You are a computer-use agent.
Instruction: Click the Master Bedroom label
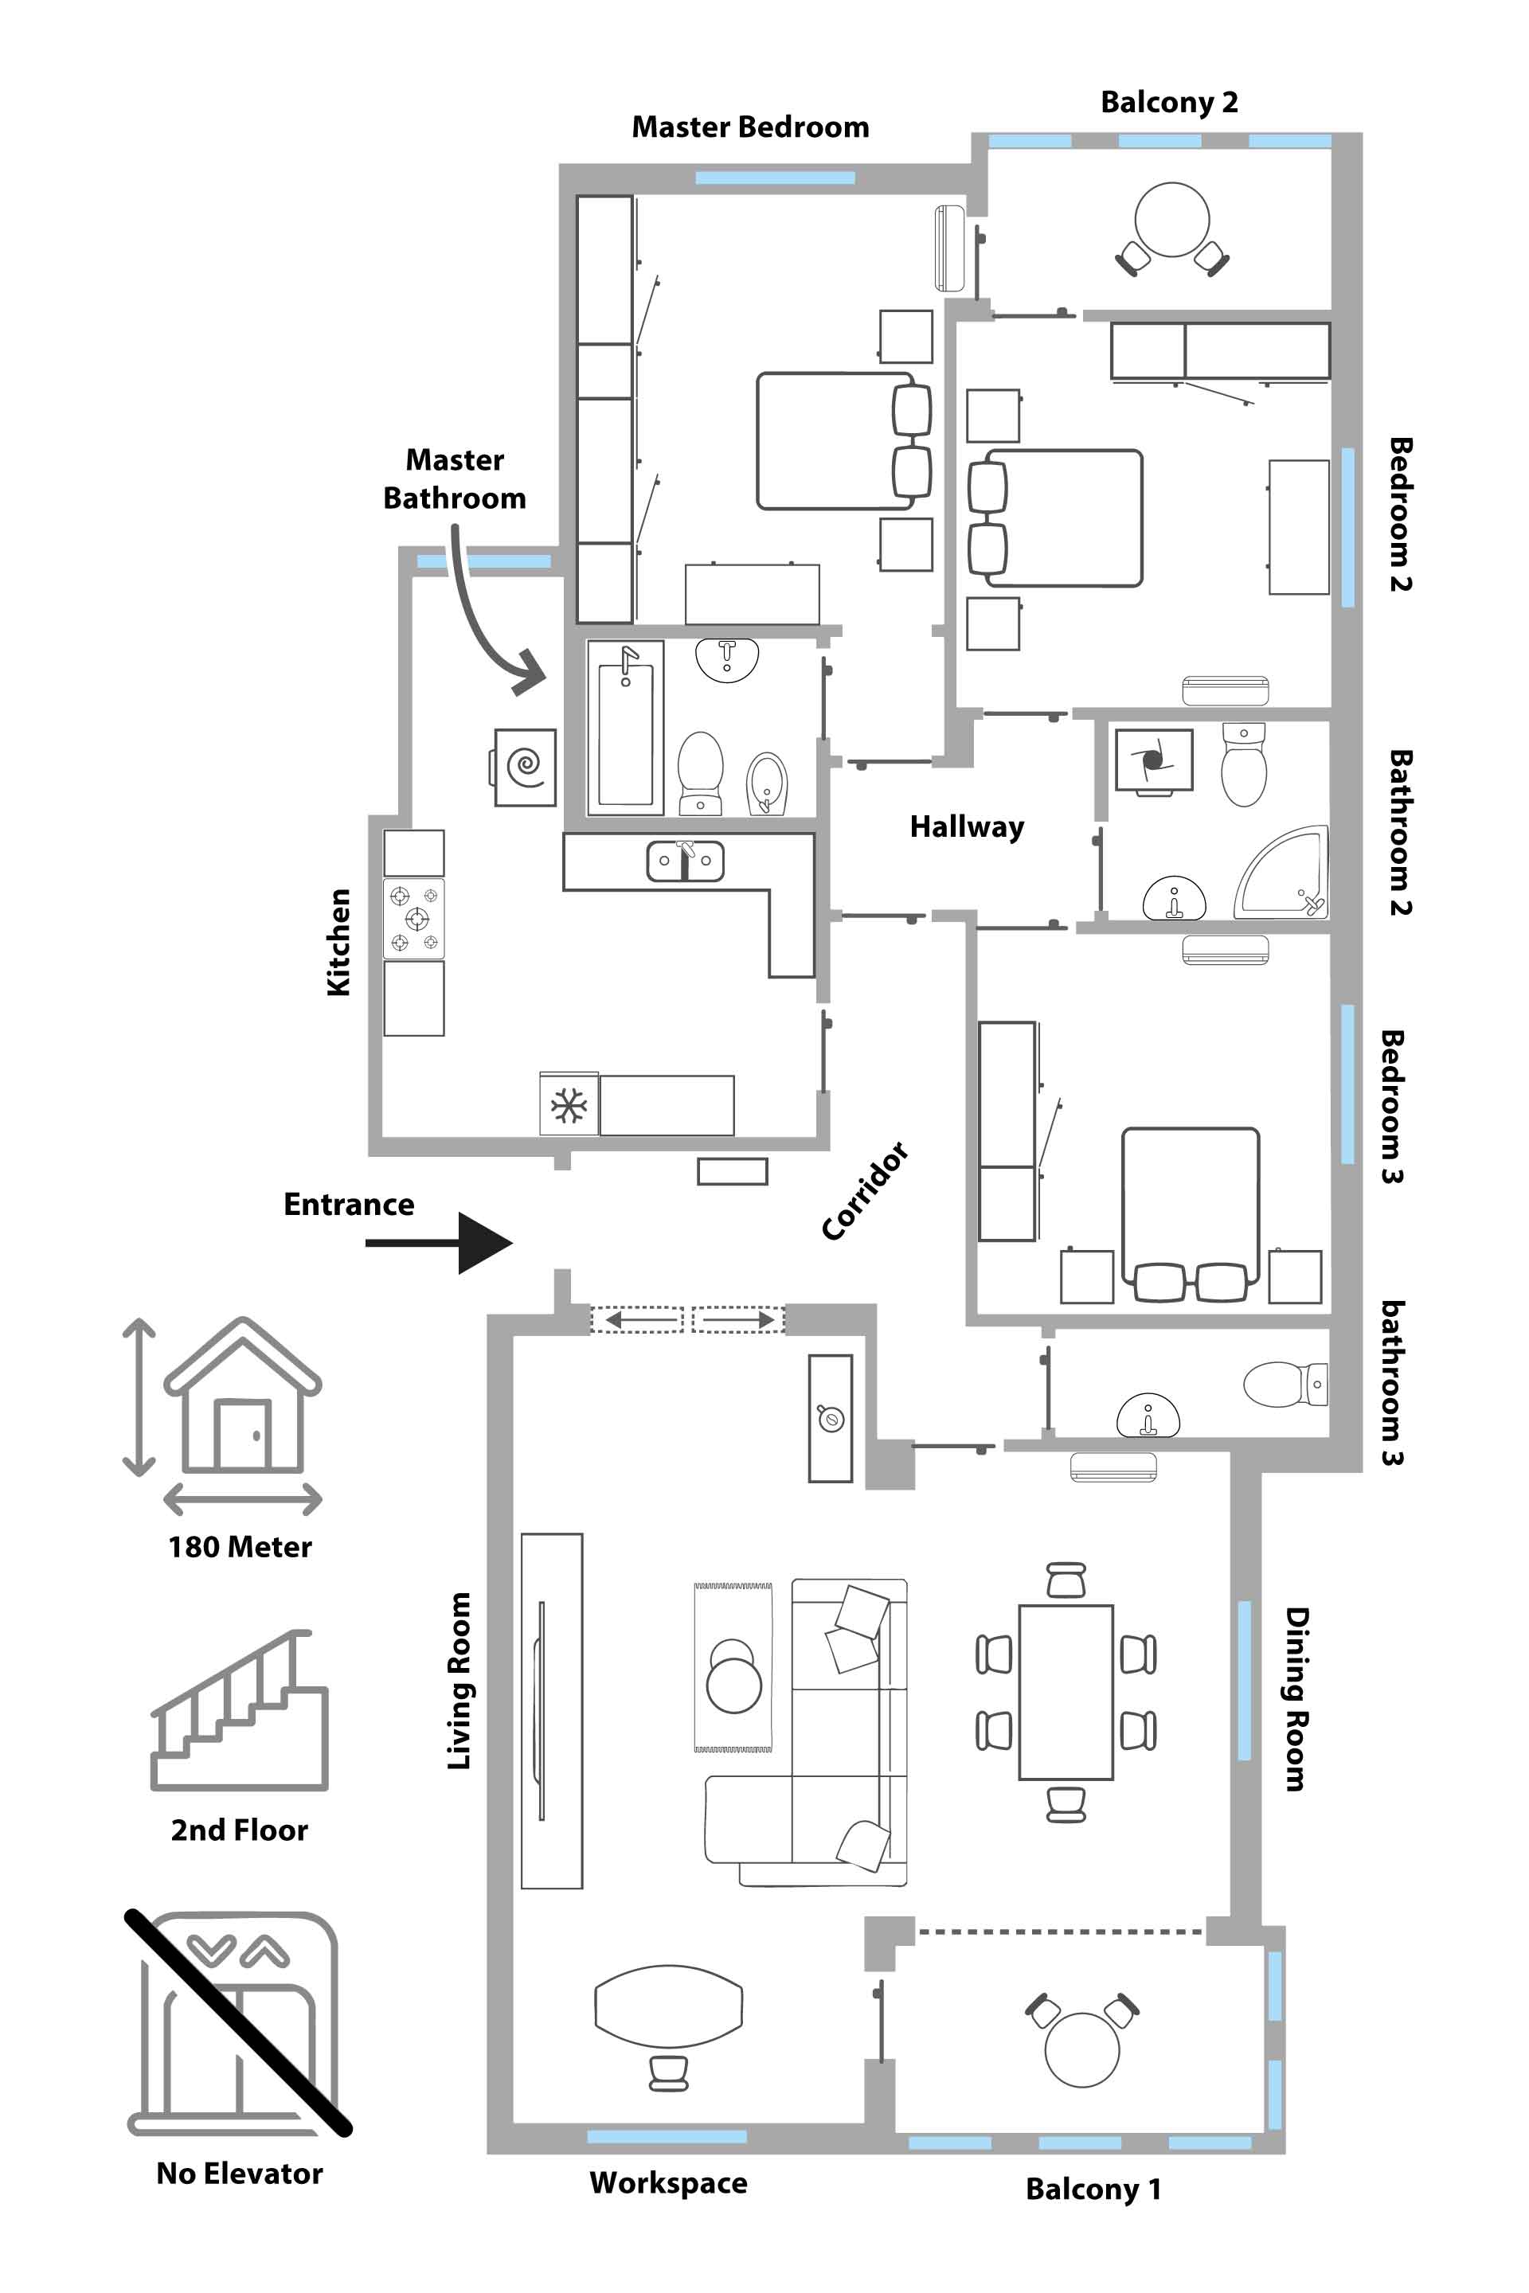[750, 127]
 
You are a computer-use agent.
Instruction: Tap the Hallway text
[966, 826]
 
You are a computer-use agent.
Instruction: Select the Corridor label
[865, 1190]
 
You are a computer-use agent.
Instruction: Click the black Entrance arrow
[440, 1243]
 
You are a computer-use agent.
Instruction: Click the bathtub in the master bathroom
[625, 727]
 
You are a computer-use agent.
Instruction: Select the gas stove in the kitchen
[414, 918]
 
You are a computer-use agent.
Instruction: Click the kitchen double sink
[686, 861]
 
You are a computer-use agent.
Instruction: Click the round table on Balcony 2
[1172, 220]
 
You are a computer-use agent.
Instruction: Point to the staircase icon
[240, 1710]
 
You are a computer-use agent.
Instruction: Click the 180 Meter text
[240, 1547]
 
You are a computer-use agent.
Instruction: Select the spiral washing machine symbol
[526, 768]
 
